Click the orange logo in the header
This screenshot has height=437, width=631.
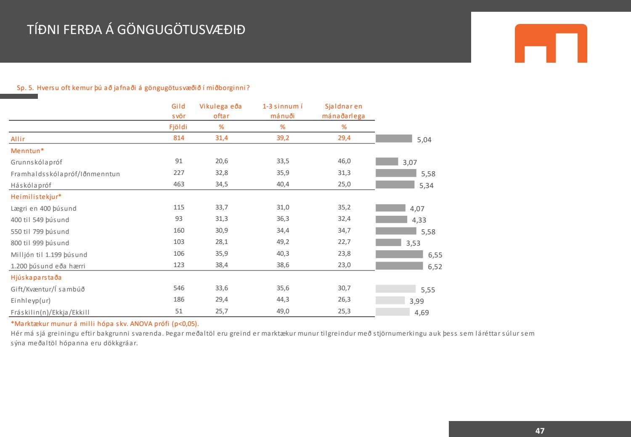click(x=551, y=43)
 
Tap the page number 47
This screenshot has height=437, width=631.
click(x=540, y=431)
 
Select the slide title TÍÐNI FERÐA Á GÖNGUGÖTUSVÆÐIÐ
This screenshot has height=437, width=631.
click(x=136, y=30)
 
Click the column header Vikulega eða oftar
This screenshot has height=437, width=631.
click(x=221, y=111)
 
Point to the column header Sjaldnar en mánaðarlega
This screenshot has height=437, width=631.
click(x=344, y=111)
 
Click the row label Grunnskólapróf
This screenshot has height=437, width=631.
click(x=37, y=162)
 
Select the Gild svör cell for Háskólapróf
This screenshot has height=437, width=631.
click(x=179, y=184)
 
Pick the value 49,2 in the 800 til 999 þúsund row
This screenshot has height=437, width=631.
click(x=283, y=242)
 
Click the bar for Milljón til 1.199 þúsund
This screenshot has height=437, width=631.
click(x=399, y=254)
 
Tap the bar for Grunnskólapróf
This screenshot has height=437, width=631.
click(x=387, y=162)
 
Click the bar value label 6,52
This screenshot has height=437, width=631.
click(x=435, y=267)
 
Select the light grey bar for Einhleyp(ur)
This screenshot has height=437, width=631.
click(x=390, y=300)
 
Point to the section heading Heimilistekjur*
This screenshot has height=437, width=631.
click(x=36, y=196)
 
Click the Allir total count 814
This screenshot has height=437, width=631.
click(x=179, y=138)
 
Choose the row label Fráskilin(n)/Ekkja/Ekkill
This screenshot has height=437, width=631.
click(x=50, y=312)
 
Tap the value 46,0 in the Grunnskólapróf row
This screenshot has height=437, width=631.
click(x=344, y=161)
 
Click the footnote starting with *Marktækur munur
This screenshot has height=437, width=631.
click(x=105, y=324)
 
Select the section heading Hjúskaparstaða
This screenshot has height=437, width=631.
click(x=36, y=278)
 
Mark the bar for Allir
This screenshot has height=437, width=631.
click(x=394, y=138)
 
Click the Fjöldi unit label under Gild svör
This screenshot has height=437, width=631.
click(x=179, y=127)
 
